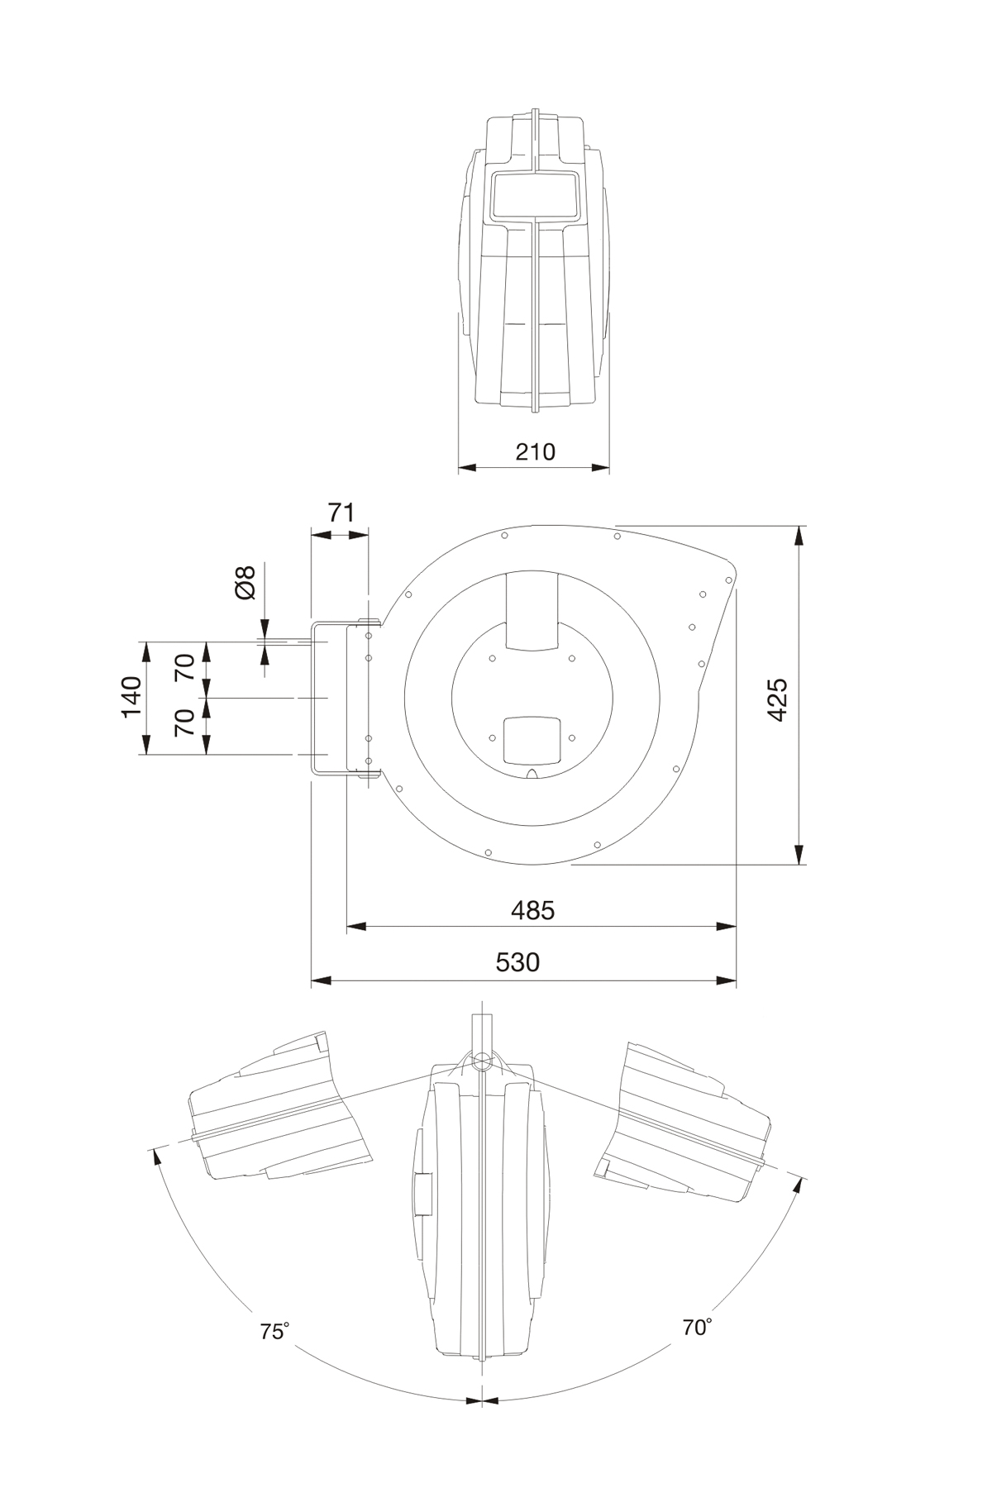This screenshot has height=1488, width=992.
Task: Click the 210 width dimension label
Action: [535, 451]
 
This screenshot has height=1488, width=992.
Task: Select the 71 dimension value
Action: [341, 513]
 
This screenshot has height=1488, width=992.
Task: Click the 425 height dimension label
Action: [778, 699]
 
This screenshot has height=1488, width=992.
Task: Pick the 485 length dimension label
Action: [532, 910]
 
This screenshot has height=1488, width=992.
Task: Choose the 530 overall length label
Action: [517, 962]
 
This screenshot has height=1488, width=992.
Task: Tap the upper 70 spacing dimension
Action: [185, 667]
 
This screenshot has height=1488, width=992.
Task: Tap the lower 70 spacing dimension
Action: [185, 723]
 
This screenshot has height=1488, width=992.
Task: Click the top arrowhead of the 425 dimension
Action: [799, 536]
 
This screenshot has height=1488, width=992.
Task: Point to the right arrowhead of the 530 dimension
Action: [727, 981]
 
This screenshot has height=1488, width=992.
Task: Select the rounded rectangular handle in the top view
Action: [535, 197]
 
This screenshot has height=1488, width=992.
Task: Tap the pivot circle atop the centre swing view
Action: [479, 1059]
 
